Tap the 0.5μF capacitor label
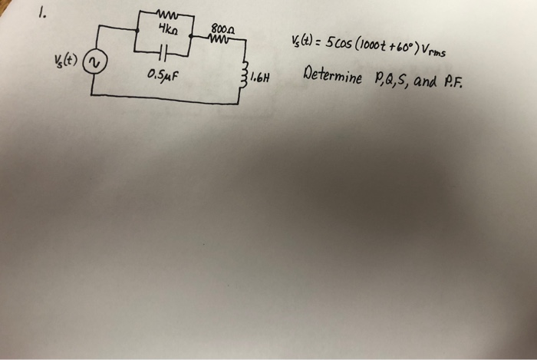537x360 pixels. click(161, 75)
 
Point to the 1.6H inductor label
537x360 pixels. click(262, 77)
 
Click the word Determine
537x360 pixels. click(331, 78)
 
